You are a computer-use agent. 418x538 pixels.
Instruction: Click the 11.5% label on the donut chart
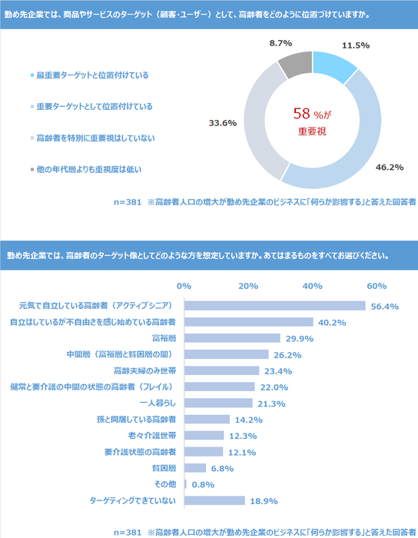click(355, 45)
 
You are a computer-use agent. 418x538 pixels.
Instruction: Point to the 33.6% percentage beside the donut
click(222, 123)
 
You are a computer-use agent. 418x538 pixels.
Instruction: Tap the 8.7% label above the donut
click(281, 44)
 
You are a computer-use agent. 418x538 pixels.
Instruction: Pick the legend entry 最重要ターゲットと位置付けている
click(92, 75)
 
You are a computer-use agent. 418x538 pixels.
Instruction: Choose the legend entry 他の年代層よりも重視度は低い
click(89, 168)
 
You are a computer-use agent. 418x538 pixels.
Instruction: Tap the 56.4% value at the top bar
click(384, 306)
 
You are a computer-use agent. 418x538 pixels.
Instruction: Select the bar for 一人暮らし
click(218, 403)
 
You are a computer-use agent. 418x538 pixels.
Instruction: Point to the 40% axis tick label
click(312, 285)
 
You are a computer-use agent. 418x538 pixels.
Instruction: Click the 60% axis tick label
click(377, 285)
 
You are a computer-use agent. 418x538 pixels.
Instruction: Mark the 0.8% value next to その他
click(202, 484)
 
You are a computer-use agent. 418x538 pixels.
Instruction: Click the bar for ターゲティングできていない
click(214, 500)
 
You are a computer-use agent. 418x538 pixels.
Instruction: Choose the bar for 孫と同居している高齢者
click(207, 419)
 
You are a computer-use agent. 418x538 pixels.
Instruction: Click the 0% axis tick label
click(184, 285)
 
